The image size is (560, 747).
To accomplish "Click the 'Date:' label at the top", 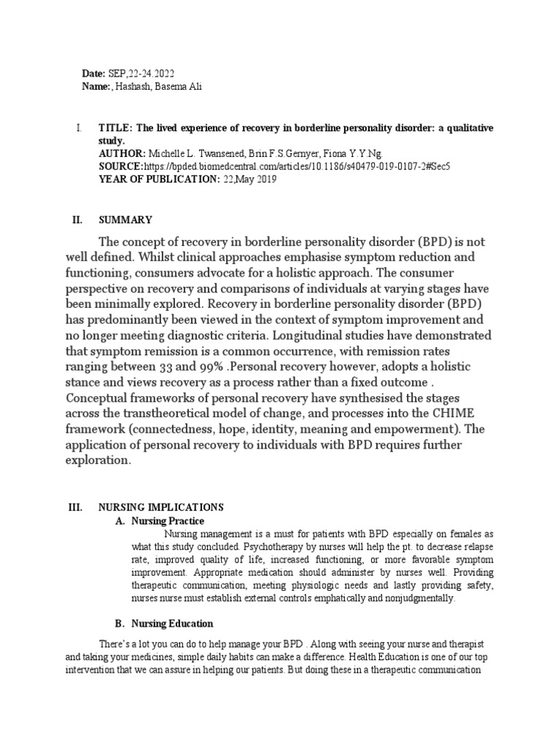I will pyautogui.click(x=94, y=74).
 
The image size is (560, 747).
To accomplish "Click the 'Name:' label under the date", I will pyautogui.click(x=96, y=87).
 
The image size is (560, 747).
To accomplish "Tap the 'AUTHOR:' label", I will pyautogui.click(x=121, y=153).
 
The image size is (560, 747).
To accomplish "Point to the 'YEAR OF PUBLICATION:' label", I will pyautogui.click(x=157, y=179).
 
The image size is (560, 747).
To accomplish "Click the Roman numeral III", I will pyautogui.click(x=81, y=507).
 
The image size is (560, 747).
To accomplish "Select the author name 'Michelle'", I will pyautogui.click(x=167, y=153).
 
